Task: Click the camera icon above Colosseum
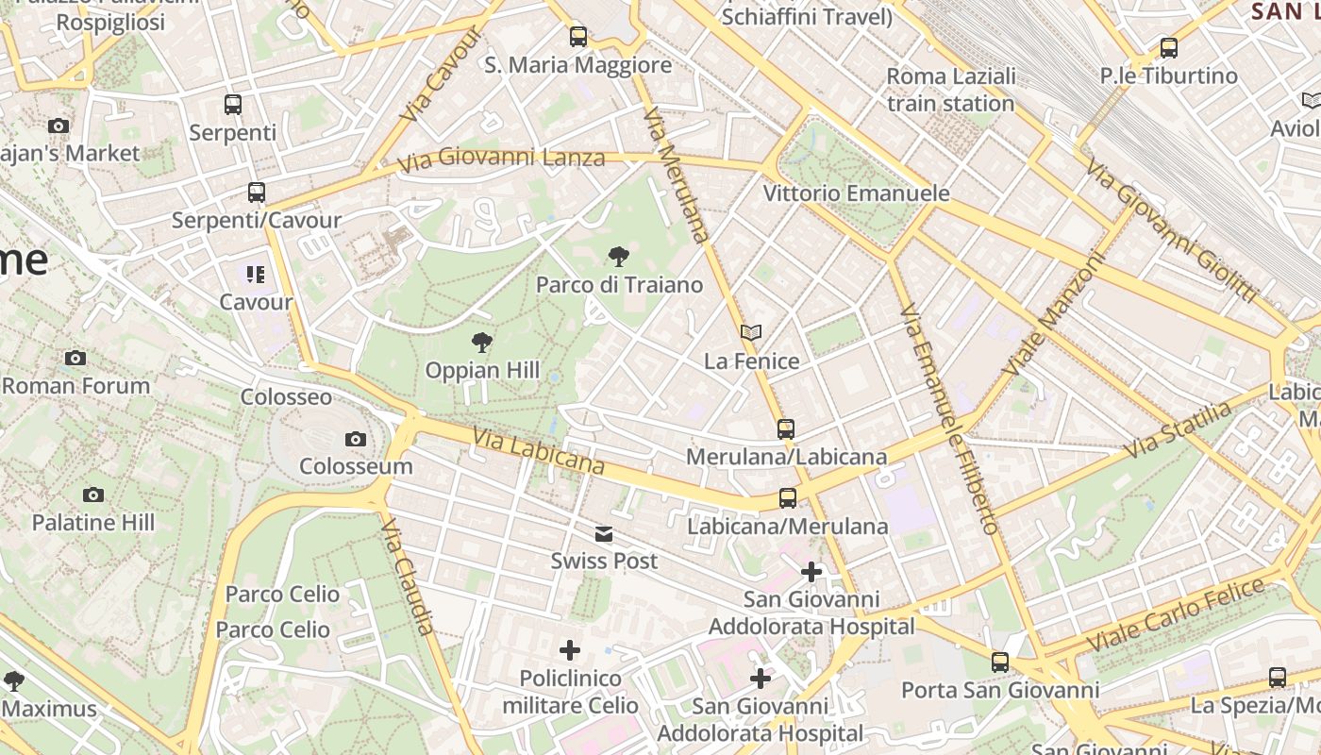[356, 439]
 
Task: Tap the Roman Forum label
[76, 385]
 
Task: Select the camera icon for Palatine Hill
[93, 495]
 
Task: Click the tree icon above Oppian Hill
[482, 342]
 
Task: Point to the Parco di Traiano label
[619, 284]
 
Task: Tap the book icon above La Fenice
[751, 332]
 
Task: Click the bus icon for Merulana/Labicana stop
[786, 429]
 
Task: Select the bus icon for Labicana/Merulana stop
[788, 498]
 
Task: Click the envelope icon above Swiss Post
[604, 534]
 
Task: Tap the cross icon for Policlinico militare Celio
[570, 649]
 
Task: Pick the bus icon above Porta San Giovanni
[1000, 663]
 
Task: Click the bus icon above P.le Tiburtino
[1169, 47]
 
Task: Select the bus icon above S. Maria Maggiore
[578, 37]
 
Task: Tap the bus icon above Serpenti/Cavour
[257, 193]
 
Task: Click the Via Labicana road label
[539, 452]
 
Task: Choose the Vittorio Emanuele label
[856, 193]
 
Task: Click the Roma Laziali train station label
[951, 90]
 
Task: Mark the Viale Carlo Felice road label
[1175, 615]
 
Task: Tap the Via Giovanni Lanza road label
[500, 159]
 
